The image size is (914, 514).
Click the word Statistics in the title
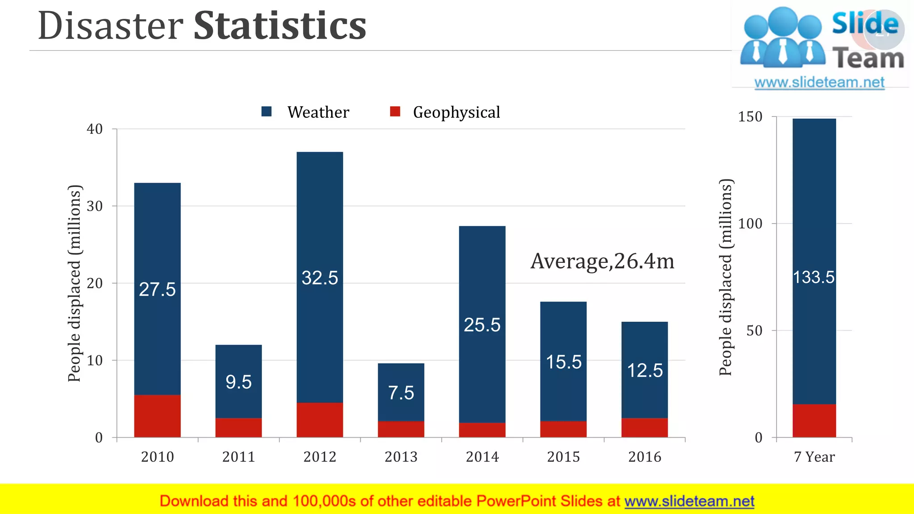tap(280, 25)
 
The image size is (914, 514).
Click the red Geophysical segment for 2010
tap(157, 416)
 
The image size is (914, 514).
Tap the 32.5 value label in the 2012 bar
tap(320, 278)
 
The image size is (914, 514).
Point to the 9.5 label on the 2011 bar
tap(238, 382)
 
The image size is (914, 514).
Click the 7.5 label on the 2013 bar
tap(401, 393)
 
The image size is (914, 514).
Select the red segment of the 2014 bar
tap(482, 430)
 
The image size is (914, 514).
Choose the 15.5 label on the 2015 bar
tap(564, 362)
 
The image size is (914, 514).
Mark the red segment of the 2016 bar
tap(644, 427)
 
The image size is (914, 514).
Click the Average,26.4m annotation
tap(602, 261)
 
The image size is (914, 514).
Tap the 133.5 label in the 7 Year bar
tap(814, 278)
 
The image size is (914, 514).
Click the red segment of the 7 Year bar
tap(814, 420)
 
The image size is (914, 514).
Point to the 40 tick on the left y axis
tap(95, 129)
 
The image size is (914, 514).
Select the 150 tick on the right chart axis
tap(750, 117)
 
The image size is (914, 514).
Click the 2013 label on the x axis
tap(401, 457)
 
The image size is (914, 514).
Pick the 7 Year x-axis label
tap(814, 457)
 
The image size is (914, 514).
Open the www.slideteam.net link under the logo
tap(819, 83)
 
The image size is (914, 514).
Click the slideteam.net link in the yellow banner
tap(689, 502)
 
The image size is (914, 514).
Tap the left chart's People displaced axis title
tap(75, 283)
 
